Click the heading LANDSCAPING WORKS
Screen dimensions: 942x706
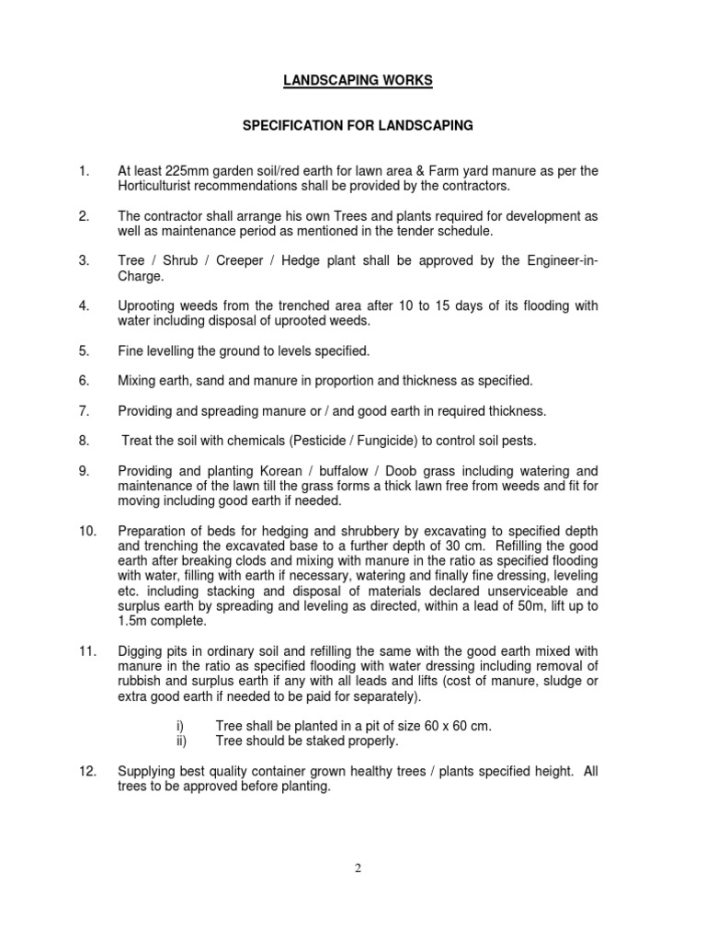point(357,81)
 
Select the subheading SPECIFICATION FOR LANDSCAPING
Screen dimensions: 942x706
point(357,124)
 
